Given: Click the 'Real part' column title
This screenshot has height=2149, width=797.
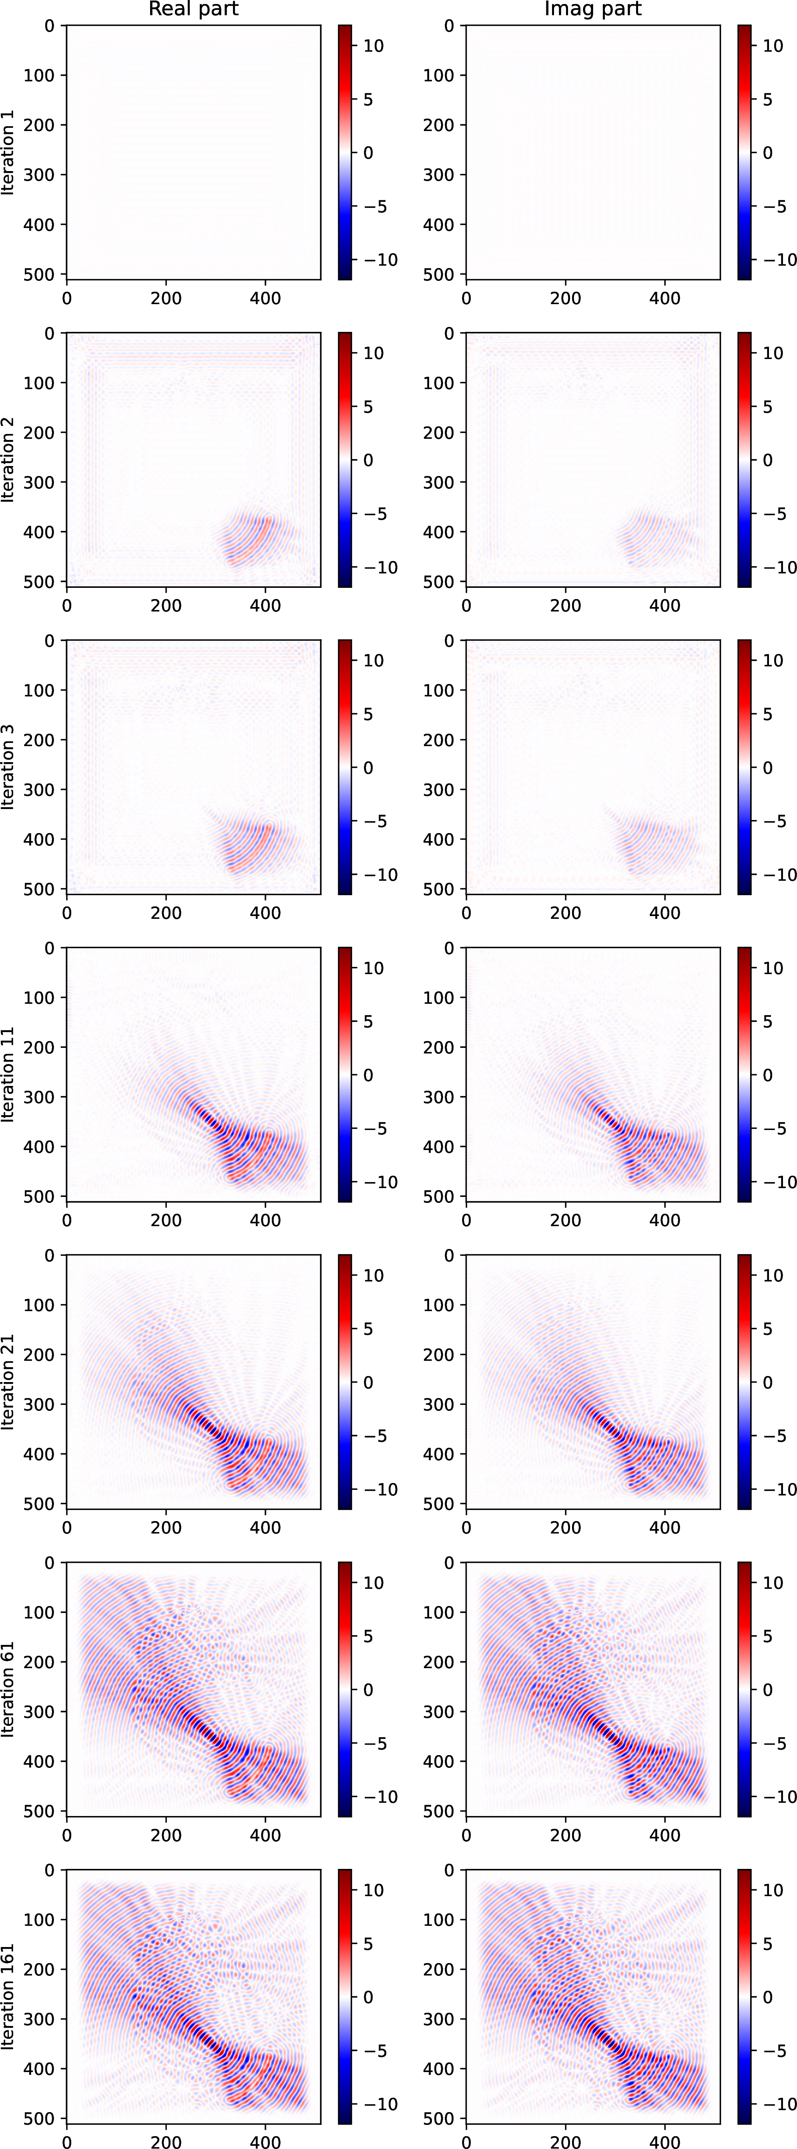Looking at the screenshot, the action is point(193,9).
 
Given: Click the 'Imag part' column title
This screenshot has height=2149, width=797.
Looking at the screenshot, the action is point(593,9).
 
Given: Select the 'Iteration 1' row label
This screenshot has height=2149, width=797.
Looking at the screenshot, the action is point(8,152).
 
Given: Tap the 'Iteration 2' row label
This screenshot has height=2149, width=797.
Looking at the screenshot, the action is point(8,460).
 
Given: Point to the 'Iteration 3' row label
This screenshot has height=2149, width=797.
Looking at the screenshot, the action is point(8,767).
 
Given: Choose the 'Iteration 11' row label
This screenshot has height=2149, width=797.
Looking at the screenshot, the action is point(8,1075).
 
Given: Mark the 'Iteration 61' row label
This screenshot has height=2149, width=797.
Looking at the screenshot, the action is point(8,1689).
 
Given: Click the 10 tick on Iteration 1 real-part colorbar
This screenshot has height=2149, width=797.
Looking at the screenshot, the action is point(373,46).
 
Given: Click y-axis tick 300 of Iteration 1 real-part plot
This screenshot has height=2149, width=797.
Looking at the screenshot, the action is point(38,174).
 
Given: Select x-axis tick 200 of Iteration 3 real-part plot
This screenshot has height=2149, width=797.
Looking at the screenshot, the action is point(166,913).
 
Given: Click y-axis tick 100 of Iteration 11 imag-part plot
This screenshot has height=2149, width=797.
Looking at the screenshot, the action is point(438,998).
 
